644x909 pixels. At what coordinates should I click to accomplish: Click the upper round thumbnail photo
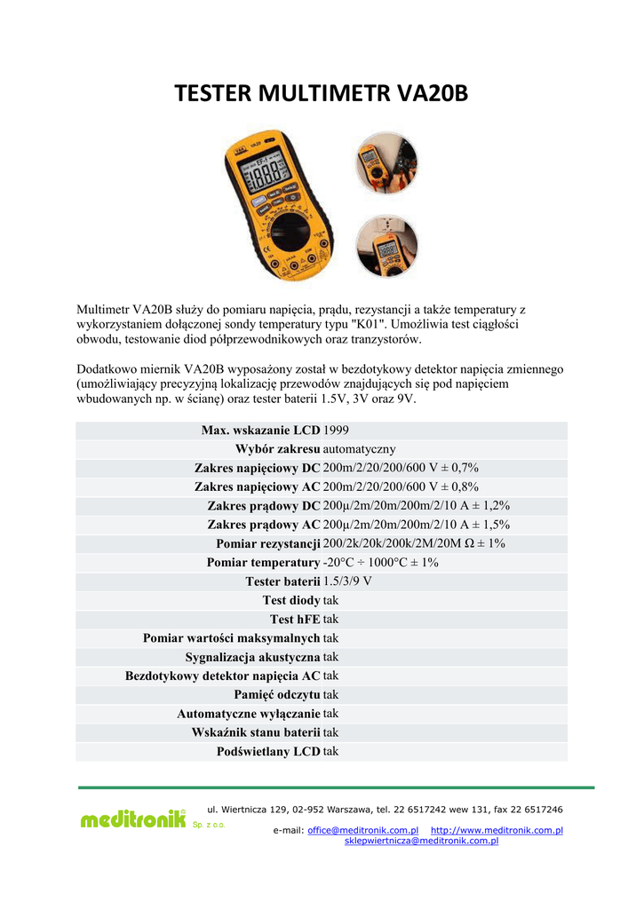pos(386,162)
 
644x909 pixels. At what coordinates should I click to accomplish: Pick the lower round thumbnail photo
pos(386,247)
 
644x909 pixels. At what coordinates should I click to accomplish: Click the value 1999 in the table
pos(337,431)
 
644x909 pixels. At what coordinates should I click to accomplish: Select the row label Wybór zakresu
pos(277,449)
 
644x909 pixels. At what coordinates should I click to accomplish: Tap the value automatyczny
pos(360,449)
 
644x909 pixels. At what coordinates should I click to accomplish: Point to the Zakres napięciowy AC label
pos(257,486)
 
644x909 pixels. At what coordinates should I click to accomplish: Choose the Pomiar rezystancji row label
pos(267,543)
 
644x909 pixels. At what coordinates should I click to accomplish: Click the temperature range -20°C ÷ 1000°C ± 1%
pos(381,562)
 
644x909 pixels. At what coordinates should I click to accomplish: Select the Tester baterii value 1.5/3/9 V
pos(347,581)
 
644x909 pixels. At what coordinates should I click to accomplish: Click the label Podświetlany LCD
pos(268,751)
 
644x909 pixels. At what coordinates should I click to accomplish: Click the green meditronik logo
pos(133,819)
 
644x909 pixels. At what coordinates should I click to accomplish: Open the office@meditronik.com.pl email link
pos(362,830)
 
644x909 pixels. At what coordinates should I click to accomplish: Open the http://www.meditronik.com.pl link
pos(497,830)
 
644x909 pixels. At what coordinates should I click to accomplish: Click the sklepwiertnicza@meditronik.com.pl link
pos(421,841)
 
